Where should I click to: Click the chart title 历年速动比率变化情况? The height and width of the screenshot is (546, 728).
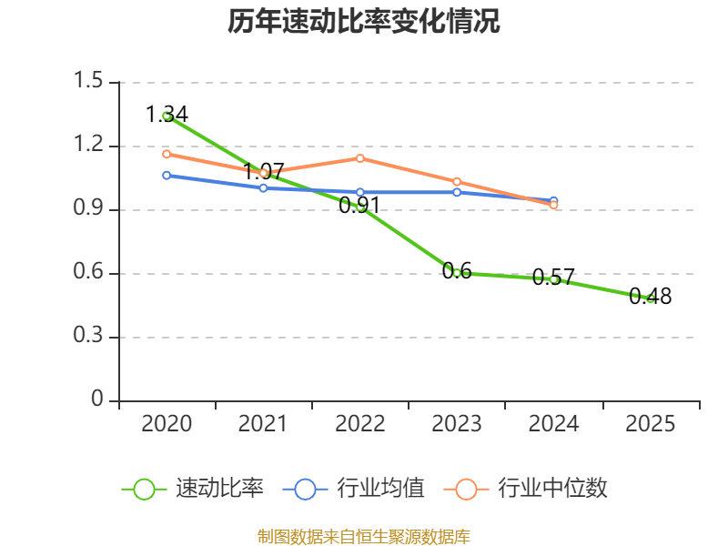click(363, 21)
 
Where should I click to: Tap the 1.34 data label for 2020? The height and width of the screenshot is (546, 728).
click(167, 115)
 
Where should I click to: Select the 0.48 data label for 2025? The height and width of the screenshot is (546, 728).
click(650, 297)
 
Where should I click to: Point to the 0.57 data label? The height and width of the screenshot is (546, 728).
click(553, 278)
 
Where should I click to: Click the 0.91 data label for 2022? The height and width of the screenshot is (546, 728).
click(359, 206)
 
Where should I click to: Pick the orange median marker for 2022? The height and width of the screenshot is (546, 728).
click(359, 158)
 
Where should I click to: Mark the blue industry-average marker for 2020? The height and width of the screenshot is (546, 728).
click(167, 176)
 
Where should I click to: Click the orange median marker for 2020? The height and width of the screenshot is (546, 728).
click(167, 154)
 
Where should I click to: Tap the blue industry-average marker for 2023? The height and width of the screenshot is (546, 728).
click(457, 192)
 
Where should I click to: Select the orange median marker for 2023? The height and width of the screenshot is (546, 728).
click(457, 181)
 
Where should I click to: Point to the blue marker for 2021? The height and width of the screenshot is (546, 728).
click(263, 188)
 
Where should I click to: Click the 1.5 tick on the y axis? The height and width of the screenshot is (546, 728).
click(88, 80)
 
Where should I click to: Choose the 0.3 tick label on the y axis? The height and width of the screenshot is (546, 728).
click(88, 335)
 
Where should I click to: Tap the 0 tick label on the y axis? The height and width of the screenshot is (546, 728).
click(97, 399)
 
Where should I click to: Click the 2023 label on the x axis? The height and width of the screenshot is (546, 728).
click(457, 424)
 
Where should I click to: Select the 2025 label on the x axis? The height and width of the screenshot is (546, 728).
click(650, 424)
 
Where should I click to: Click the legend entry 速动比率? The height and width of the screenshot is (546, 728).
click(193, 489)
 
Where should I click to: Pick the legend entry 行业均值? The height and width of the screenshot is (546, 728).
click(354, 489)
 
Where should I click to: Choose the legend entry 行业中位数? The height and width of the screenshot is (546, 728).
click(526, 489)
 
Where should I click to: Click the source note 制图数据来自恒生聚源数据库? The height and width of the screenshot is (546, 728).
click(364, 537)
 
